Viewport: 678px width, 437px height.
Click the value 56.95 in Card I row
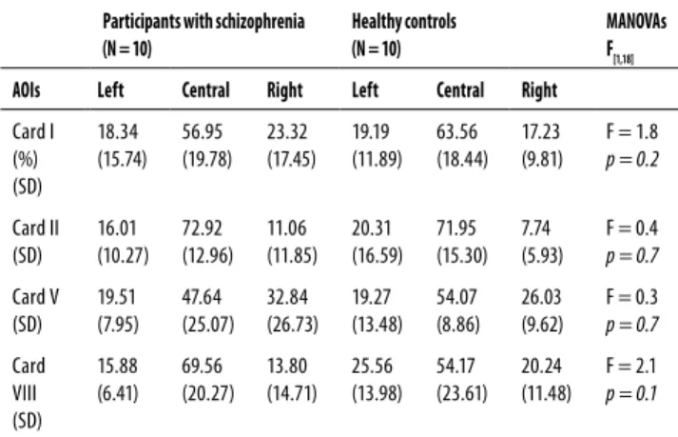[202, 131]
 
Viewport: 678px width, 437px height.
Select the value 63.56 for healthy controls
[456, 131]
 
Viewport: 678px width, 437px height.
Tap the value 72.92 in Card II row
[202, 228]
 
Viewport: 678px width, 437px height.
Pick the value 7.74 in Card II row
[535, 228]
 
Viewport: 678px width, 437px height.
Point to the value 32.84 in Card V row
[287, 297]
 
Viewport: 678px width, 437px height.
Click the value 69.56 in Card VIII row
[202, 366]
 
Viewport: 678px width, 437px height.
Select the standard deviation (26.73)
[292, 325]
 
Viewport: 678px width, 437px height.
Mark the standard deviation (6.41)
[118, 393]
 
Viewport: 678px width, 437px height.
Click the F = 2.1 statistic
[631, 366]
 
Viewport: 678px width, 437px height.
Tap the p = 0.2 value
[632, 160]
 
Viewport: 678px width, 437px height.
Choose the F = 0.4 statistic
[631, 228]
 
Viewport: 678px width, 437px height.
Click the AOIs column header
[27, 90]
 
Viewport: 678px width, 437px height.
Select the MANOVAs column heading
[636, 21]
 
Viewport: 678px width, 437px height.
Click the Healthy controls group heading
[404, 22]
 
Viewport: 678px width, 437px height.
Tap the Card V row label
[35, 297]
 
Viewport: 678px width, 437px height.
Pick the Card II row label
[35, 228]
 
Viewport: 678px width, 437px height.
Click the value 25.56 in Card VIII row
[373, 366]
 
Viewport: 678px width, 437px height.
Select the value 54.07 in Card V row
[456, 297]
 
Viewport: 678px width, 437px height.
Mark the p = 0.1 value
[631, 393]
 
